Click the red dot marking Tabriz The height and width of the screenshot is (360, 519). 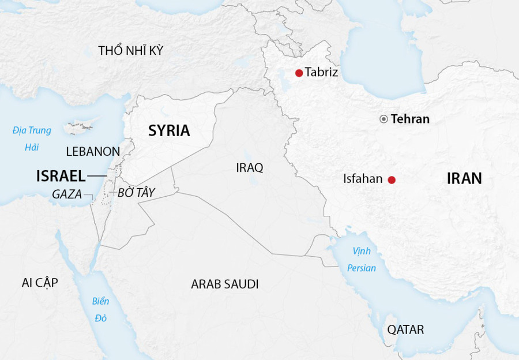(299, 73)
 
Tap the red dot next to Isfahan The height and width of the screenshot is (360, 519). (392, 180)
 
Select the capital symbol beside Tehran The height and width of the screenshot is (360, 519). (383, 119)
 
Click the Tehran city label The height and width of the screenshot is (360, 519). (410, 119)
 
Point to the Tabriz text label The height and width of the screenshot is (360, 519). (321, 73)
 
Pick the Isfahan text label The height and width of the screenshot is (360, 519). (363, 179)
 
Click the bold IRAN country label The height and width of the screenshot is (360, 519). (464, 178)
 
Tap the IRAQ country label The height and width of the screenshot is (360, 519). (249, 168)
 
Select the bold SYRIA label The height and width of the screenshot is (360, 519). (169, 131)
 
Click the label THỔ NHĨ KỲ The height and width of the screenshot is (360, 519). (130, 51)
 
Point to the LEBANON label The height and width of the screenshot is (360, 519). (93, 152)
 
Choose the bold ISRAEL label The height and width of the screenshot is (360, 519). (61, 176)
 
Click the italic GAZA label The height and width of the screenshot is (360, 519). (67, 194)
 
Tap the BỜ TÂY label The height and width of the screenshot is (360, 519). (136, 193)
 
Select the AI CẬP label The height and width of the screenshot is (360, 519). (40, 282)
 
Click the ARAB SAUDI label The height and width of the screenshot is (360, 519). (225, 284)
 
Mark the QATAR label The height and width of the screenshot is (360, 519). (405, 330)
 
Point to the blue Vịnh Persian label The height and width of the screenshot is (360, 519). (362, 260)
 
